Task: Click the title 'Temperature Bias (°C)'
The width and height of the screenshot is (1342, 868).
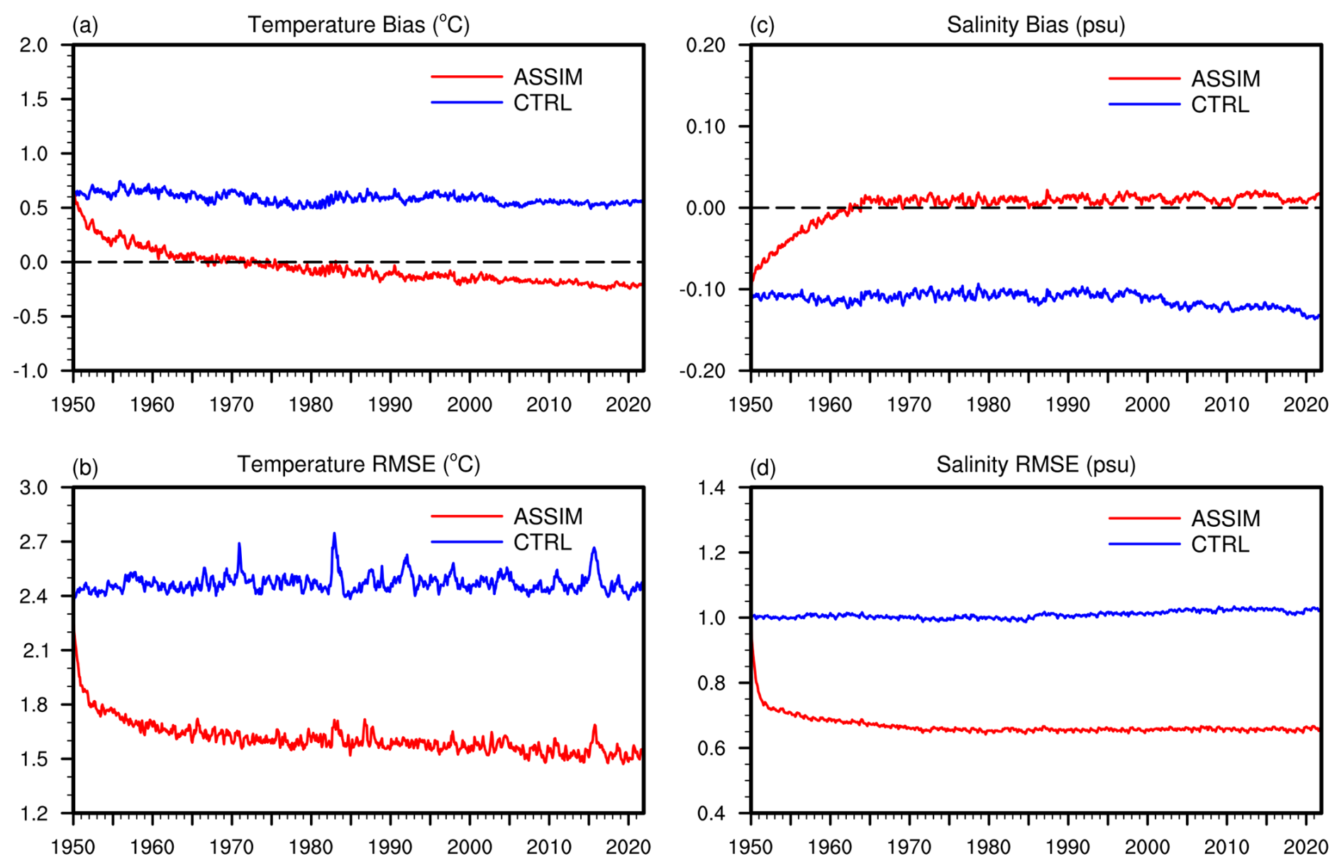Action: pos(358,25)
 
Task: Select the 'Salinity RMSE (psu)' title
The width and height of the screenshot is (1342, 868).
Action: pos(1036,464)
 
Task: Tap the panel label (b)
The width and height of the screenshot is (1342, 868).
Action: pos(85,467)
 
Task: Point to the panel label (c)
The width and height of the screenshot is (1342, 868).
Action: pos(762,26)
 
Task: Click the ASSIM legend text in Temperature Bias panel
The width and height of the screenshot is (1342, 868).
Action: pos(548,77)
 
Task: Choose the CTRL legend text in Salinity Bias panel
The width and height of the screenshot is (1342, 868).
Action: pos(1220,105)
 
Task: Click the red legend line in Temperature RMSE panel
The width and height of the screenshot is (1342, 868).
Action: pos(466,516)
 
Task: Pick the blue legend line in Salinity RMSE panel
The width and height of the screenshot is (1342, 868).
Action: pos(1144,544)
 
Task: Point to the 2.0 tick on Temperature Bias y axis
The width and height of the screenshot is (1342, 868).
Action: pos(34,45)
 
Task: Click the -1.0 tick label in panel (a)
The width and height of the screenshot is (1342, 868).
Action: pos(30,371)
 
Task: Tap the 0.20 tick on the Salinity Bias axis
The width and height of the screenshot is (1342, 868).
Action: pos(706,45)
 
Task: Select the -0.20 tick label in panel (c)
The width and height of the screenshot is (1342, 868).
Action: pos(703,371)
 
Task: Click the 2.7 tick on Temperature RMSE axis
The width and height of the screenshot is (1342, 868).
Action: pos(34,542)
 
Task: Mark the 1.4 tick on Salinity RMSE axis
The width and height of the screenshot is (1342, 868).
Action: pos(711,487)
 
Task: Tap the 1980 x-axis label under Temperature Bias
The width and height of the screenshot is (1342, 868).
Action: pos(311,405)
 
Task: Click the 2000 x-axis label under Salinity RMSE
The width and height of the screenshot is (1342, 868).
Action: pos(1147,847)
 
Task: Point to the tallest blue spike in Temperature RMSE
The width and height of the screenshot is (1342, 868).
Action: pos(334,534)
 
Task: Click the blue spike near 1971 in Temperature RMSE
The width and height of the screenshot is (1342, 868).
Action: pos(239,545)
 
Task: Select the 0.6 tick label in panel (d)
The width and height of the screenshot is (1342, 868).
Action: pos(711,748)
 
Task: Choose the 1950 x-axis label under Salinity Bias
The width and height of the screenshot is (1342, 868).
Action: pos(750,405)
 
